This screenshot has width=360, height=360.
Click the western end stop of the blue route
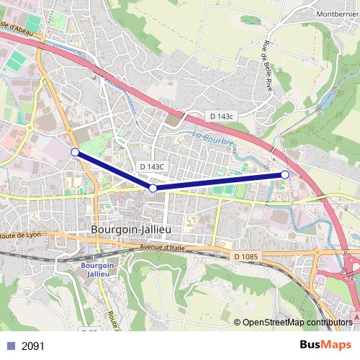[x=75, y=151]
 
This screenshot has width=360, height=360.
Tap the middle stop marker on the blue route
[x=153, y=188]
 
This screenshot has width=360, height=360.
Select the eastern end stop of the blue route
[x=285, y=174]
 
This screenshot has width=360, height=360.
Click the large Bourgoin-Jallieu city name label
[x=132, y=230]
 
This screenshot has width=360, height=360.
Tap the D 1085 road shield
[x=246, y=256]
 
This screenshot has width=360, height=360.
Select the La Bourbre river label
[x=214, y=139]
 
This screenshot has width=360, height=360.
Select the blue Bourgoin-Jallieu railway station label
[x=95, y=270]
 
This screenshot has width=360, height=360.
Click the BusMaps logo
[x=326, y=346]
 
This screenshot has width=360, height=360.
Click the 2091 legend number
[x=33, y=346]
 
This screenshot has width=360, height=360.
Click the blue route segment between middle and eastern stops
[x=220, y=181]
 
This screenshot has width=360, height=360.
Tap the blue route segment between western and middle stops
[x=114, y=170]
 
